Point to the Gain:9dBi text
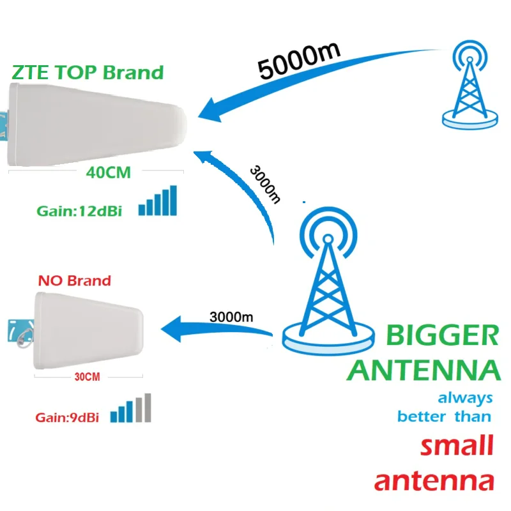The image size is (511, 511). pyautogui.click(x=67, y=418)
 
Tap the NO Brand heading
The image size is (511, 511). pyautogui.click(x=74, y=280)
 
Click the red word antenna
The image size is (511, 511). pyautogui.click(x=434, y=480)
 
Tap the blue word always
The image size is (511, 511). pyautogui.click(x=465, y=397)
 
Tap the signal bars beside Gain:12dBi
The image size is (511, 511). pyautogui.click(x=158, y=201)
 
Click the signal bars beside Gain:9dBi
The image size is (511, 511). pyautogui.click(x=131, y=409)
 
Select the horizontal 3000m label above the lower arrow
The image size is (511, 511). pyautogui.click(x=231, y=316)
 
